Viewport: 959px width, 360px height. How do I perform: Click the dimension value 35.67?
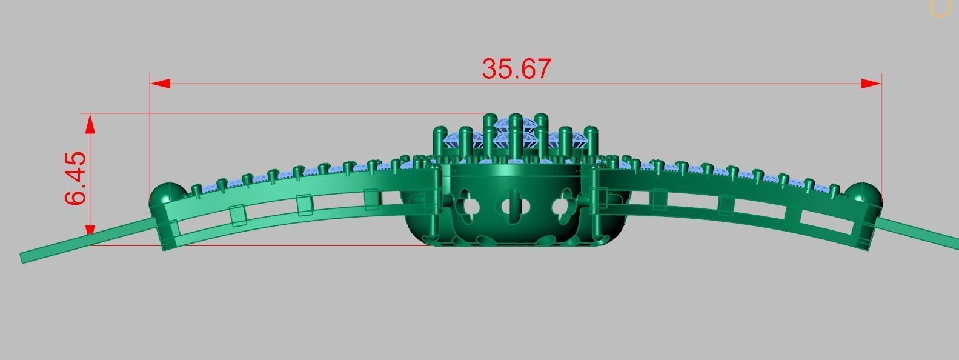coord(517,68)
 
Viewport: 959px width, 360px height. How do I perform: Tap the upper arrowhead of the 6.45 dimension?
coord(90,124)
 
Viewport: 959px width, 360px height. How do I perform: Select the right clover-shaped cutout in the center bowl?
coord(562,207)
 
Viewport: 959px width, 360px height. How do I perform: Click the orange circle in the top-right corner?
coord(940,7)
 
